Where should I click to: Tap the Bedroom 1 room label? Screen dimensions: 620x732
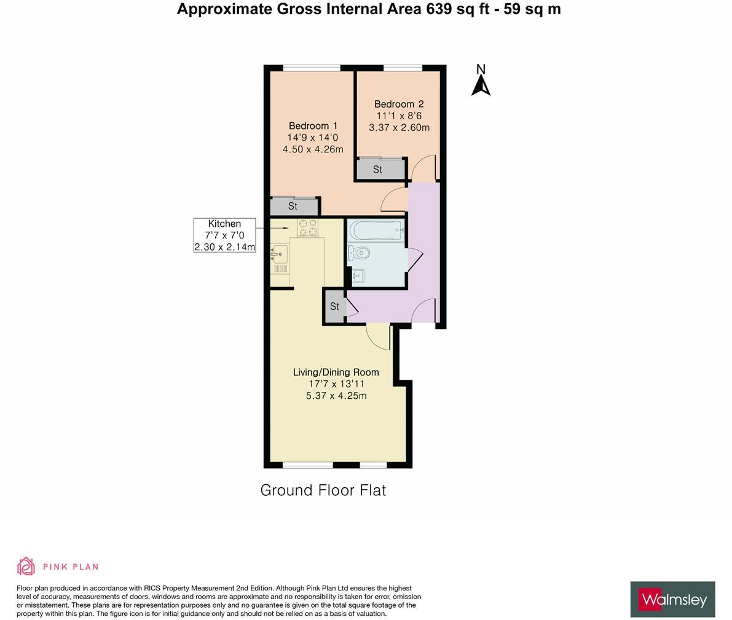click(313, 126)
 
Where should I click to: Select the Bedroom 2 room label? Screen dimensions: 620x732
click(399, 104)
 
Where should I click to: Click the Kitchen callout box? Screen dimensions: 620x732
click(224, 235)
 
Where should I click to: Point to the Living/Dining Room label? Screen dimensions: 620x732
click(336, 372)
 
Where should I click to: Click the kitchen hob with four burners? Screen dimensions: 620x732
click(307, 228)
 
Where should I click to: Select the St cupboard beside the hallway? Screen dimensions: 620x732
click(335, 307)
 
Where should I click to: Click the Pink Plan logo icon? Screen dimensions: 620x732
click(26, 566)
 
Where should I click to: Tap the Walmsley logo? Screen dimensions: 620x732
click(672, 599)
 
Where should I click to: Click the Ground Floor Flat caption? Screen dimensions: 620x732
click(323, 490)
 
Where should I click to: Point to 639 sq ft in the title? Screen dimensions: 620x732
click(455, 9)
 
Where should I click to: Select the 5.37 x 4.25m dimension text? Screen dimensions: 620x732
click(336, 396)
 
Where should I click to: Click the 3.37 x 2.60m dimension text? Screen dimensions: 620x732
click(399, 128)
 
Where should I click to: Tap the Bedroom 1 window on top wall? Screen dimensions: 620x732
click(312, 68)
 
